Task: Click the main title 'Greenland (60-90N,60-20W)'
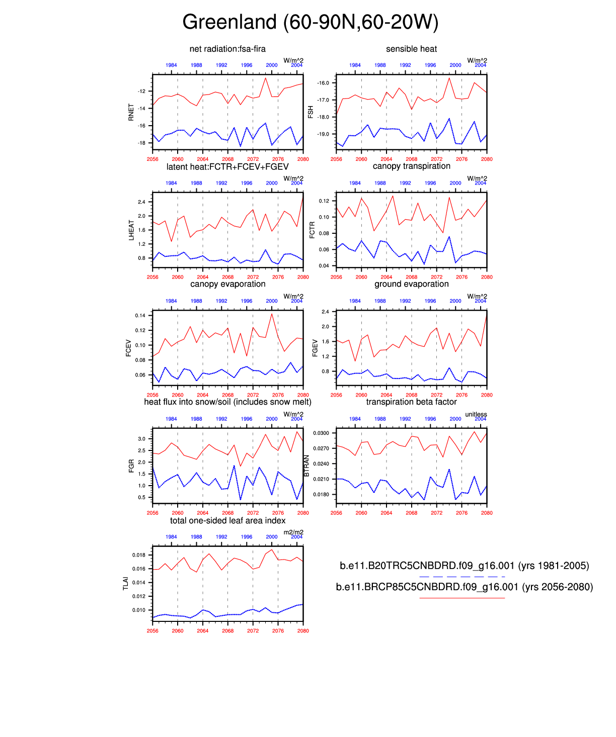[x=311, y=22]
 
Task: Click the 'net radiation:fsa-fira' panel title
[x=227, y=49]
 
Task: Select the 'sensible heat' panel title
[x=411, y=49]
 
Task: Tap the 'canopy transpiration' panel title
[x=411, y=166]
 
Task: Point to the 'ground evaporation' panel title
[x=411, y=284]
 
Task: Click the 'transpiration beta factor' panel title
[x=411, y=402]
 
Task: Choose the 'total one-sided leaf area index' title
[x=227, y=520]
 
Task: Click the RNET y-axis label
[x=131, y=112]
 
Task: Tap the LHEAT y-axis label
[x=131, y=230]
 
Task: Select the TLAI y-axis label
[x=126, y=584]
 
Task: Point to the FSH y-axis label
[x=311, y=112]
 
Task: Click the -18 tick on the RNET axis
[x=141, y=143]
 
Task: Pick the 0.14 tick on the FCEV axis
[x=140, y=316]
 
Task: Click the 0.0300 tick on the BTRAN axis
[x=321, y=433]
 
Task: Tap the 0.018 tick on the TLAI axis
[x=139, y=555]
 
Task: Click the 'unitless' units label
[x=476, y=414]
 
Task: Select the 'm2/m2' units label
[x=293, y=532]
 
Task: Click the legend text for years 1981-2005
[x=464, y=566]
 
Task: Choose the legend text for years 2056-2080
[x=464, y=587]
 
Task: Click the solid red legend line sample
[x=461, y=598]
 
